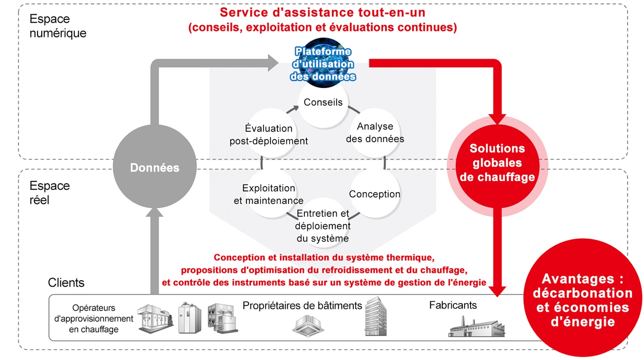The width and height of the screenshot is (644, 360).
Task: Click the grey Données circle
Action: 155,166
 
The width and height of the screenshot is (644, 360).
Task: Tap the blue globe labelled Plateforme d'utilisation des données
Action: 323,63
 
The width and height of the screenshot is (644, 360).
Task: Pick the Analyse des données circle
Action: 375,133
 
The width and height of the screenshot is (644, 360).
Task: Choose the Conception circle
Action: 375,194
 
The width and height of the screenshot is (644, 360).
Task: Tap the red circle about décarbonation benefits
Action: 582,298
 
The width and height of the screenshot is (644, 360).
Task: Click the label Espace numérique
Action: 58,26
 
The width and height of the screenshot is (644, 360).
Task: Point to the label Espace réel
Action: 50,193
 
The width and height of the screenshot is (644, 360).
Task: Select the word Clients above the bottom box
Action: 66,283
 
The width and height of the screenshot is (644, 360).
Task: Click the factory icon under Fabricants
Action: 477,326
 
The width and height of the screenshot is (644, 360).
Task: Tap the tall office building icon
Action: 376,317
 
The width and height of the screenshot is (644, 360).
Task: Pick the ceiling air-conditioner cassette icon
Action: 308,326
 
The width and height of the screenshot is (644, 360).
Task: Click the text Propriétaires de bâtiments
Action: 302,305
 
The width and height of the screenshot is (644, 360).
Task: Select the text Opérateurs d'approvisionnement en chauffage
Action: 94,318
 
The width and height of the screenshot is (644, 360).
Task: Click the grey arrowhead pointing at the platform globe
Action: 273,63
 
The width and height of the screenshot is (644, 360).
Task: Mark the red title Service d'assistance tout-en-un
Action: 322,13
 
